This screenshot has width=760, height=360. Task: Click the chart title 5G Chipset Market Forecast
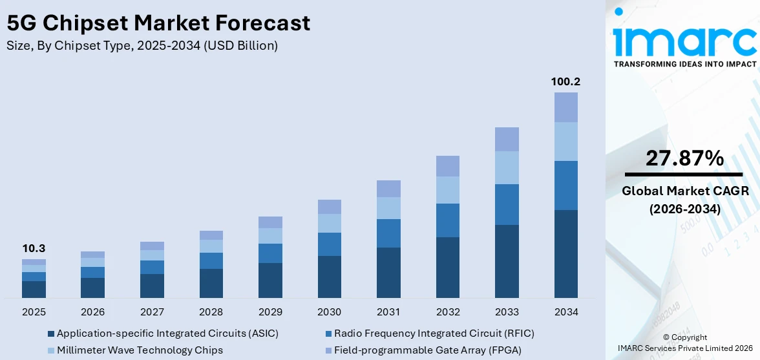tap(158, 23)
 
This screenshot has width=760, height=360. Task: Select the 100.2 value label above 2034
tap(565, 82)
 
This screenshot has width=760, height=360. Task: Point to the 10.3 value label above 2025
tap(34, 249)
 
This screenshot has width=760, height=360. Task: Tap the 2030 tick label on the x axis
tap(329, 312)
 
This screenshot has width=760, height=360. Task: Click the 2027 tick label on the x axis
tap(152, 312)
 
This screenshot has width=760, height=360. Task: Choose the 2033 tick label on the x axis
tap(507, 312)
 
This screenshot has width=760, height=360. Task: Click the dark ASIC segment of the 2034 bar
tap(565, 253)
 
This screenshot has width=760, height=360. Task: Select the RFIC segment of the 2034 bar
tap(565, 185)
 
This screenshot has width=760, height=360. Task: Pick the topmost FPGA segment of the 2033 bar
tap(507, 139)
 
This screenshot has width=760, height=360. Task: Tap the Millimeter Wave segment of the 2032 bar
tap(447, 190)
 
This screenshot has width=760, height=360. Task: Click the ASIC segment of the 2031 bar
tap(388, 272)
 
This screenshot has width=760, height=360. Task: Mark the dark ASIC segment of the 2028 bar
tap(211, 283)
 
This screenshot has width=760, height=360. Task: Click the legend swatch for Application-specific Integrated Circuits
tap(51, 334)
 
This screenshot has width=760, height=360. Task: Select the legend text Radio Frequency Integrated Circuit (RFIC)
tap(434, 334)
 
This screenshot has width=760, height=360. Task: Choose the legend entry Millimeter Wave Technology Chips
tap(140, 350)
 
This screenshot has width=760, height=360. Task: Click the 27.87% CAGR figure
tap(684, 158)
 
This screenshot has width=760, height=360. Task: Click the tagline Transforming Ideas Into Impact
tap(684, 64)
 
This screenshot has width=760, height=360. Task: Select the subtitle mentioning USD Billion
tap(142, 45)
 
